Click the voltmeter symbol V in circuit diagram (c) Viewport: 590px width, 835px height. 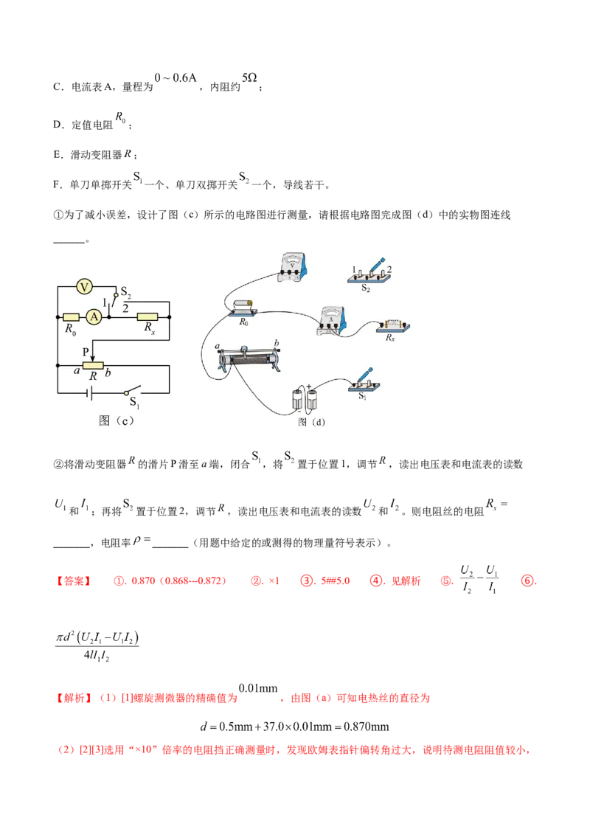(x=83, y=287)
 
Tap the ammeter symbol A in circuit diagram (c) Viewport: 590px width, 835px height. (x=94, y=317)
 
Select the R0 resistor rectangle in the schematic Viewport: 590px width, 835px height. (x=71, y=317)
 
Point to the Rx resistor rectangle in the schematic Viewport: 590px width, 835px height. (x=147, y=317)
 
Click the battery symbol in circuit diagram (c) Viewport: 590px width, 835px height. (x=90, y=393)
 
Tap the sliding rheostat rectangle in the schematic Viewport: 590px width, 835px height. (x=93, y=365)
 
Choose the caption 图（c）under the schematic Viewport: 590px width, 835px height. (x=116, y=420)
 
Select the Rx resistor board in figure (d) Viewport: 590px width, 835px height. (x=393, y=326)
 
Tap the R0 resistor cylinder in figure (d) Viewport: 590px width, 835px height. (x=243, y=308)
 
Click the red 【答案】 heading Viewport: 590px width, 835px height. (x=74, y=581)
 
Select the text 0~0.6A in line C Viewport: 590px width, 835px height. (x=176, y=78)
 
